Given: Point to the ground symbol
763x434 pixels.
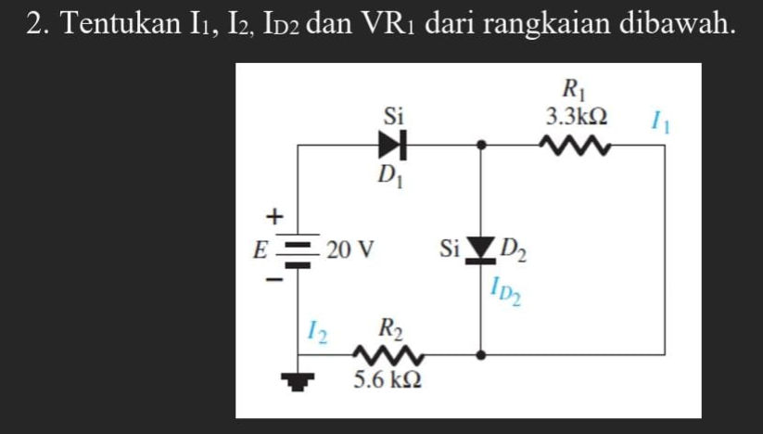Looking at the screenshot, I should click(296, 381).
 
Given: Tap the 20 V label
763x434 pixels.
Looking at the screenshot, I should click(350, 249).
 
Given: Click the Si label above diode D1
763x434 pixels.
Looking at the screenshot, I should click(394, 116).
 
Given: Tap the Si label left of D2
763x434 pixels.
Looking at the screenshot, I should click(450, 249).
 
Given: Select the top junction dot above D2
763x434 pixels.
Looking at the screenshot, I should click(480, 146).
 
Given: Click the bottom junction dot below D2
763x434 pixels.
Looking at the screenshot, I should click(480, 353).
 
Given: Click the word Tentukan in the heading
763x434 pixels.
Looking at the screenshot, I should click(115, 24).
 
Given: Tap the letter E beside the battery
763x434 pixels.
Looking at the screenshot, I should click(262, 249).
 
